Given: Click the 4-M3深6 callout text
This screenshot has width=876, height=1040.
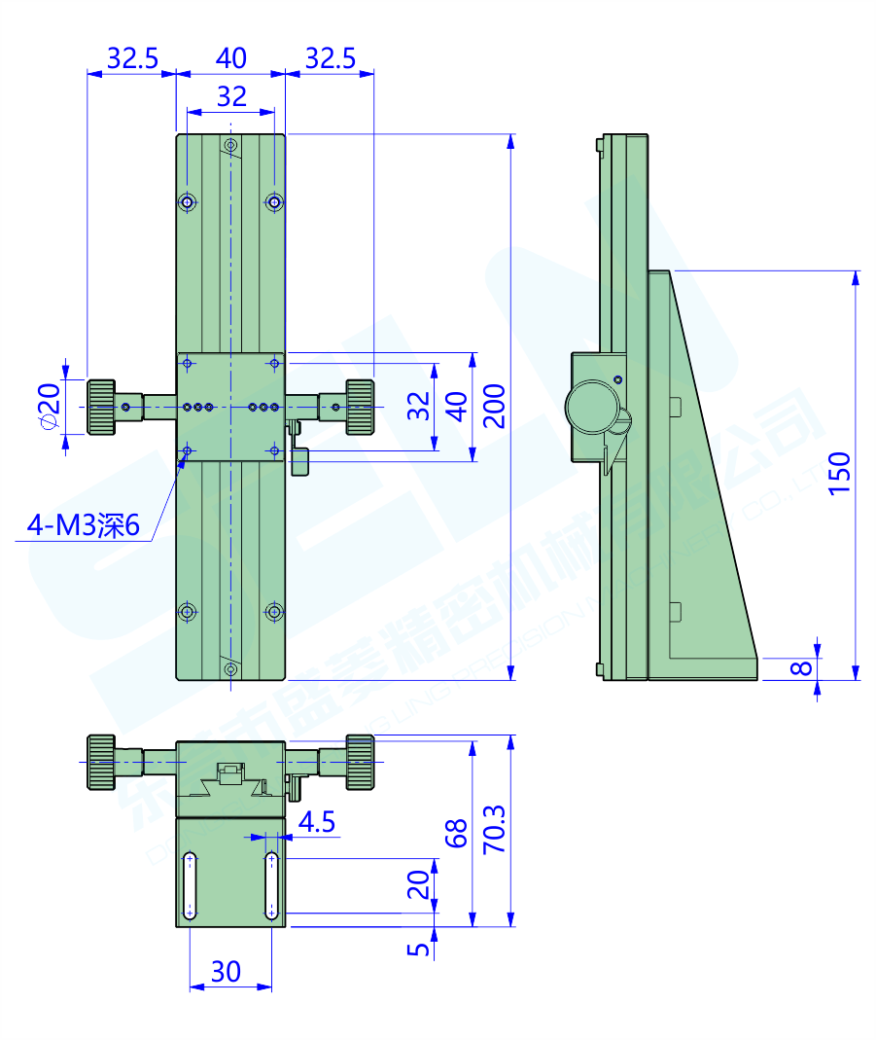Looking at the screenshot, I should (84, 526).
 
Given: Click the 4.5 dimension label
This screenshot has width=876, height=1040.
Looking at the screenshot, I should (317, 823).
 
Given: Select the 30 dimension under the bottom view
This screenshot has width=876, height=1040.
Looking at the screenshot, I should (226, 971).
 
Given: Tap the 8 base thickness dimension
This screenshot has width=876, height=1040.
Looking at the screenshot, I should (801, 668).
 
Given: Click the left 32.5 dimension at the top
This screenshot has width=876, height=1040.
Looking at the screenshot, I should (132, 58).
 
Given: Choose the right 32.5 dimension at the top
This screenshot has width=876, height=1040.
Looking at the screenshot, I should (331, 58).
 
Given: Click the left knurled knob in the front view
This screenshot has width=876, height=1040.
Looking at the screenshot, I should (102, 407).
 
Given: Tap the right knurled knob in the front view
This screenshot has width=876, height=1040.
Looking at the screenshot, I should (359, 407).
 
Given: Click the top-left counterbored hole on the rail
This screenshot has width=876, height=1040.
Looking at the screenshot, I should (188, 202).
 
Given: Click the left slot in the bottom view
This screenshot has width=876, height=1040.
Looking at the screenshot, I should (190, 885).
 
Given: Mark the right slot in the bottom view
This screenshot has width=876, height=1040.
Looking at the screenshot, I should (272, 885).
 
